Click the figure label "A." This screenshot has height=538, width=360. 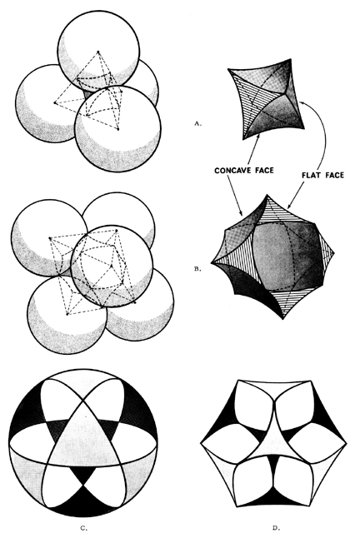pyautogui.click(x=197, y=123)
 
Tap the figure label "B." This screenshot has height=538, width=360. pyautogui.click(x=197, y=269)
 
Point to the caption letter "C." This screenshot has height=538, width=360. pyautogui.click(x=83, y=528)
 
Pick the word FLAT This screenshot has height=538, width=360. pyautogui.click(x=311, y=175)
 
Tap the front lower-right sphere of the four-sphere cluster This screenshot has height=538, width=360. pyautogui.click(x=117, y=128)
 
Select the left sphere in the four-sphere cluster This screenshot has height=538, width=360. pyautogui.click(x=45, y=103)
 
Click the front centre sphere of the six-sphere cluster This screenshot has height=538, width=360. pyautogui.click(x=112, y=267)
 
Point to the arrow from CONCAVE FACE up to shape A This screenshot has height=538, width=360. pyautogui.click(x=252, y=150)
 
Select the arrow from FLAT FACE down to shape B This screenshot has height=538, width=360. pyautogui.click(x=297, y=195)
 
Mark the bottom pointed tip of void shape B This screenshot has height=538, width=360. pyautogui.click(x=282, y=319)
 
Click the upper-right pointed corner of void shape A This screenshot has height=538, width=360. pyautogui.click(x=292, y=59)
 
